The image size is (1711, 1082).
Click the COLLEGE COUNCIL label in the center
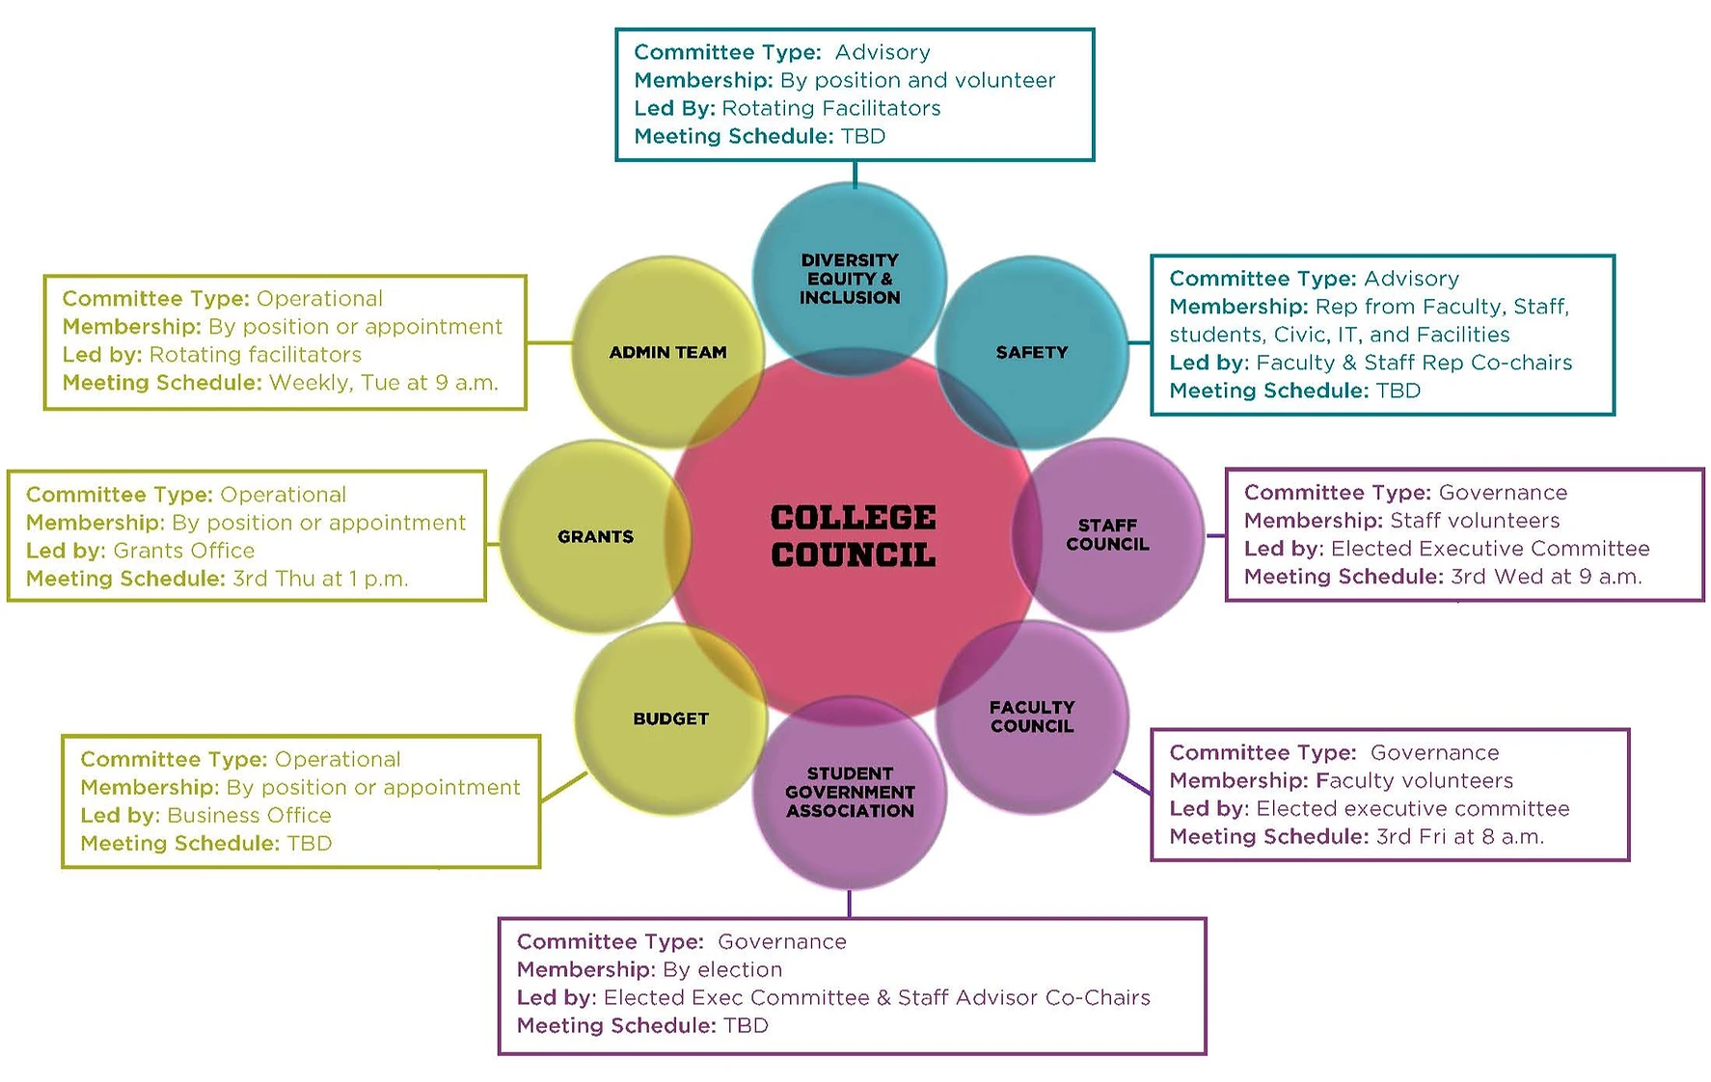[x=853, y=536]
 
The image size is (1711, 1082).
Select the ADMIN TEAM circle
[x=667, y=353]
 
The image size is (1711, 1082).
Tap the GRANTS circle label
[x=595, y=537]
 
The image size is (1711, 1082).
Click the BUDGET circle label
[x=670, y=719]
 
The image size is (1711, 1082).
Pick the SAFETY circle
[x=1032, y=353]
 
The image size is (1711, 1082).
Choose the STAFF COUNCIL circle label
[x=1107, y=535]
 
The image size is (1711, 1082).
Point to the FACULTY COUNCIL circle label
[x=1032, y=717]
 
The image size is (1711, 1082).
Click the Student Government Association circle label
[x=850, y=793]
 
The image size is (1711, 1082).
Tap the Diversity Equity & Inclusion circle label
[x=850, y=279]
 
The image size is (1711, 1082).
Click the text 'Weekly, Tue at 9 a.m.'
[x=384, y=383]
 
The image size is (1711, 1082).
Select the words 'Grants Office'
[x=184, y=551]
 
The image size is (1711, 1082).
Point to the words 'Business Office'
[x=249, y=816]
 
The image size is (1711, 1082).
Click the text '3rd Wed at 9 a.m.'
[x=1546, y=577]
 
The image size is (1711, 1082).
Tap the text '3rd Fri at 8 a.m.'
[x=1459, y=837]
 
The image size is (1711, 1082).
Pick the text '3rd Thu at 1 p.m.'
[x=320, y=579]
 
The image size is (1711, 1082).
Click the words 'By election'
[x=722, y=970]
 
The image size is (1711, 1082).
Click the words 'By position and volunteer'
[x=917, y=80]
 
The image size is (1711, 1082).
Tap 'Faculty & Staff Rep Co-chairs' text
[x=1414, y=363]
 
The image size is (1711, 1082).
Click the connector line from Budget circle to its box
[x=564, y=787]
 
